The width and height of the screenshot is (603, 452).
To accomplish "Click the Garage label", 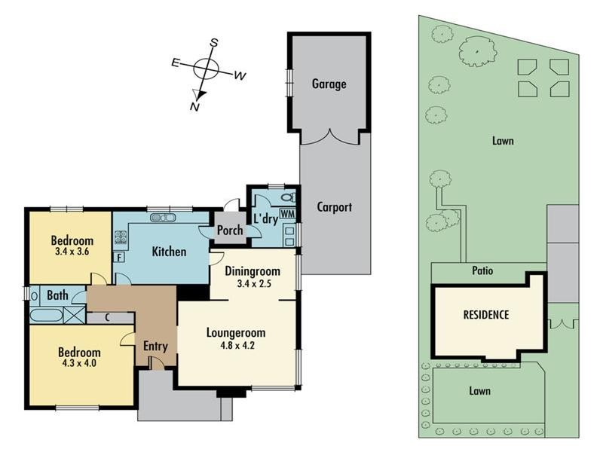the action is pos(329,84).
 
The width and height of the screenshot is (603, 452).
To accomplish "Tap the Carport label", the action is pos(334,207).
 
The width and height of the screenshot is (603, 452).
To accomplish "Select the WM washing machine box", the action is pos(288,213).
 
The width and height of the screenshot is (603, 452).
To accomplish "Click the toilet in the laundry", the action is pos(289,197).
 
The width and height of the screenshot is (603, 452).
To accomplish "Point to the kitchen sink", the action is pos(163,218).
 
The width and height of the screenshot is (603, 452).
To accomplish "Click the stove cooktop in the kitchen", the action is pos(121,237).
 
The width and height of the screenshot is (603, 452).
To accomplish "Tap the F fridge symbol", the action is pos(119,257).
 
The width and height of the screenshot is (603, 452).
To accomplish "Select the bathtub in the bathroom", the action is pos(46,315).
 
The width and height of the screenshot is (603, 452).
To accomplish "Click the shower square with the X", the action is pos(74,314).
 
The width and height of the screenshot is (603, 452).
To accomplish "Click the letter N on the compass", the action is pos(194,106).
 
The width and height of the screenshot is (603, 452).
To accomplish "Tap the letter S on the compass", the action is pos(214,43).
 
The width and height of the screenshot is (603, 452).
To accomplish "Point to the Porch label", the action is pos(230,231).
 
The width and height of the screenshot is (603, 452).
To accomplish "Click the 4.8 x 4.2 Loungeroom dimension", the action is pos(237,345).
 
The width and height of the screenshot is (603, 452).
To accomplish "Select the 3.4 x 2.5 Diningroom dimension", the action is pos(254,284).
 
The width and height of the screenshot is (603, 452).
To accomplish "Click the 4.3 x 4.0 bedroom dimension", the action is pos(79,363).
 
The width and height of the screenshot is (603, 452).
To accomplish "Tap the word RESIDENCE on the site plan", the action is pos(486,315).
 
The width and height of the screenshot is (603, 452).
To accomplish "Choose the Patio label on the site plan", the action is pos(482,270).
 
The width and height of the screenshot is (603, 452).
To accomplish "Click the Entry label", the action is pos(155,347).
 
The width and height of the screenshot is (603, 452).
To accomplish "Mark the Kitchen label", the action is pos(169,252).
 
